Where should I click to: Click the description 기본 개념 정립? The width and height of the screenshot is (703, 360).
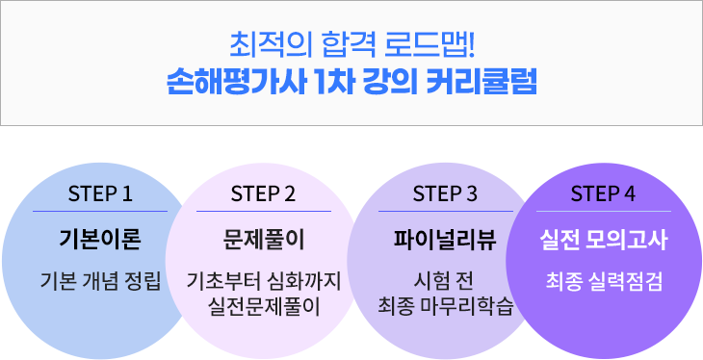pyautogui.click(x=100, y=282)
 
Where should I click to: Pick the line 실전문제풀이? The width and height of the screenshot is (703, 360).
pyautogui.click(x=264, y=307)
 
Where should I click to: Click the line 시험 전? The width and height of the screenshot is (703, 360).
pyautogui.click(x=444, y=282)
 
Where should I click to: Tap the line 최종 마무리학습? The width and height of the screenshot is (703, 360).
pyautogui.click(x=444, y=307)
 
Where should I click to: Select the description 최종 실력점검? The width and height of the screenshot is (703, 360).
pyautogui.click(x=603, y=282)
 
